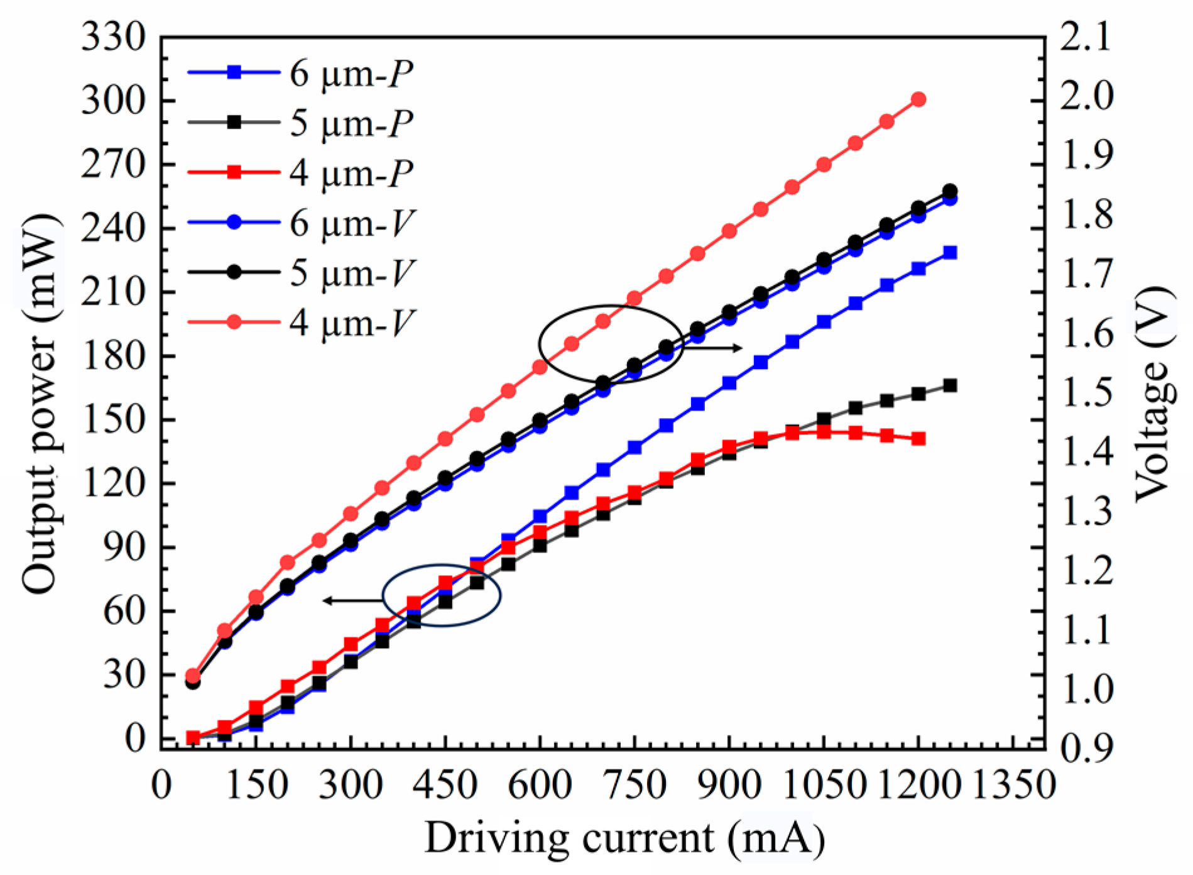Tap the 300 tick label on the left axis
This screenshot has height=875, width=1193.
(x=113, y=101)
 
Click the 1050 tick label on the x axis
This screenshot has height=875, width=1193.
(x=824, y=786)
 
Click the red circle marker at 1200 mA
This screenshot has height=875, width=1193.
(x=918, y=99)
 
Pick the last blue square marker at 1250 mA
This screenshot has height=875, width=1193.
(x=951, y=253)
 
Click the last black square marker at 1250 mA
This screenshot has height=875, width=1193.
(x=951, y=386)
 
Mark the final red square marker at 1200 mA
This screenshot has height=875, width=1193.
(x=918, y=439)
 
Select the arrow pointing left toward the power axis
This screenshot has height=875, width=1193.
(x=352, y=601)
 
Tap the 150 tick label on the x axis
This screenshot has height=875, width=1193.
(x=256, y=786)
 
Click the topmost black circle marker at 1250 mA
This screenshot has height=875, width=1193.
(x=951, y=191)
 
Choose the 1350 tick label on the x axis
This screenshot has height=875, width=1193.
(x=1013, y=786)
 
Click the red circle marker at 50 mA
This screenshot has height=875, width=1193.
(x=193, y=676)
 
